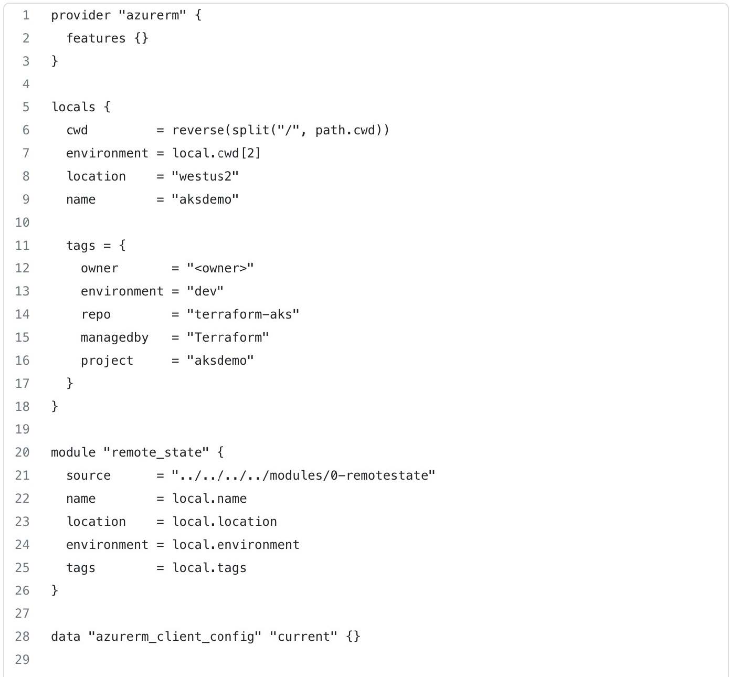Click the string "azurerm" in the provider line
click(152, 15)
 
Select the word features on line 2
click(96, 38)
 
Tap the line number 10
click(22, 223)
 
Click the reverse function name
click(198, 130)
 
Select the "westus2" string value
click(205, 176)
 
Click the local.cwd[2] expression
click(216, 153)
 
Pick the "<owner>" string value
click(220, 268)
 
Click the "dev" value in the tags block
click(205, 291)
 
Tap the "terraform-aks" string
click(243, 314)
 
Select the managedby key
click(114, 337)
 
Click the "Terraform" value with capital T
click(228, 337)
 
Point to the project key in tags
click(107, 361)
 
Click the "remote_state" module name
click(156, 452)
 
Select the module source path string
click(303, 475)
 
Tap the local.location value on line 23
click(225, 522)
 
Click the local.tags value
click(209, 568)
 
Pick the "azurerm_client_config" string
click(175, 637)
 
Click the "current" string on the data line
click(303, 637)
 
